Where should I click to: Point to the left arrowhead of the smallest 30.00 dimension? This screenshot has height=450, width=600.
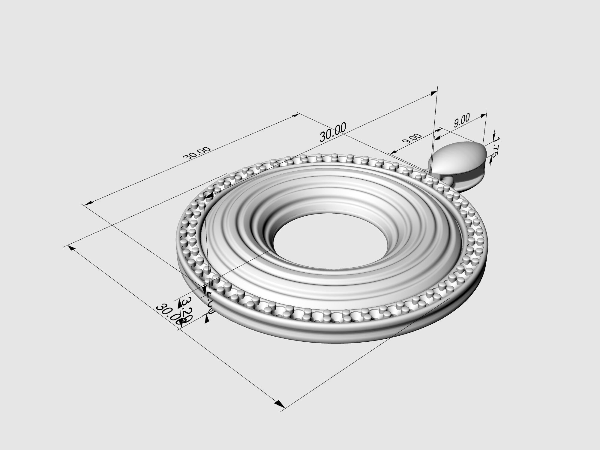pos(87,204)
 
